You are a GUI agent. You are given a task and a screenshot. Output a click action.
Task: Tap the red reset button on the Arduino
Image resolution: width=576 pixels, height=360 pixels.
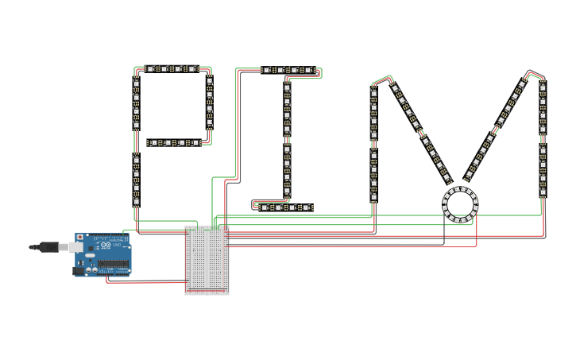(80, 238)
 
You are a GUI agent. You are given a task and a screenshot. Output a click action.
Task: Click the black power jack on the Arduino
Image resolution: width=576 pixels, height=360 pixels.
(78, 270)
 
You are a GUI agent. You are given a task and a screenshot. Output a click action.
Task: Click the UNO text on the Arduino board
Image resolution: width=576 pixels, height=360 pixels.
(116, 245)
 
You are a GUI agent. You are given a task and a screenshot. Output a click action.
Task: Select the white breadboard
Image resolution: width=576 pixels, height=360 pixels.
(207, 260)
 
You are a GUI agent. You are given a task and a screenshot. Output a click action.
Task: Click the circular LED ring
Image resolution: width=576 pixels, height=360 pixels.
(460, 204)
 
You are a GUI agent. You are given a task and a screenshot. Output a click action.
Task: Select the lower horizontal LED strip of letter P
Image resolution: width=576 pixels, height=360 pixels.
(176, 143)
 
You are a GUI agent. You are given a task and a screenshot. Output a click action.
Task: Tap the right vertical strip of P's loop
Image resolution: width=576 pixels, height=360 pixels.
(210, 106)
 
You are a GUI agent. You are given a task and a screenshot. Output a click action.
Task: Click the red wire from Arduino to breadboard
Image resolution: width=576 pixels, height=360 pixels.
(143, 281)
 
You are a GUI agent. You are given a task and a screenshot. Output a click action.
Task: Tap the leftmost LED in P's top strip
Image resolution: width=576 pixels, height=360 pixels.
(148, 70)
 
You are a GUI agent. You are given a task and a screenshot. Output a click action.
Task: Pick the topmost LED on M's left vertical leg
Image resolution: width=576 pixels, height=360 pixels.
(374, 92)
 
